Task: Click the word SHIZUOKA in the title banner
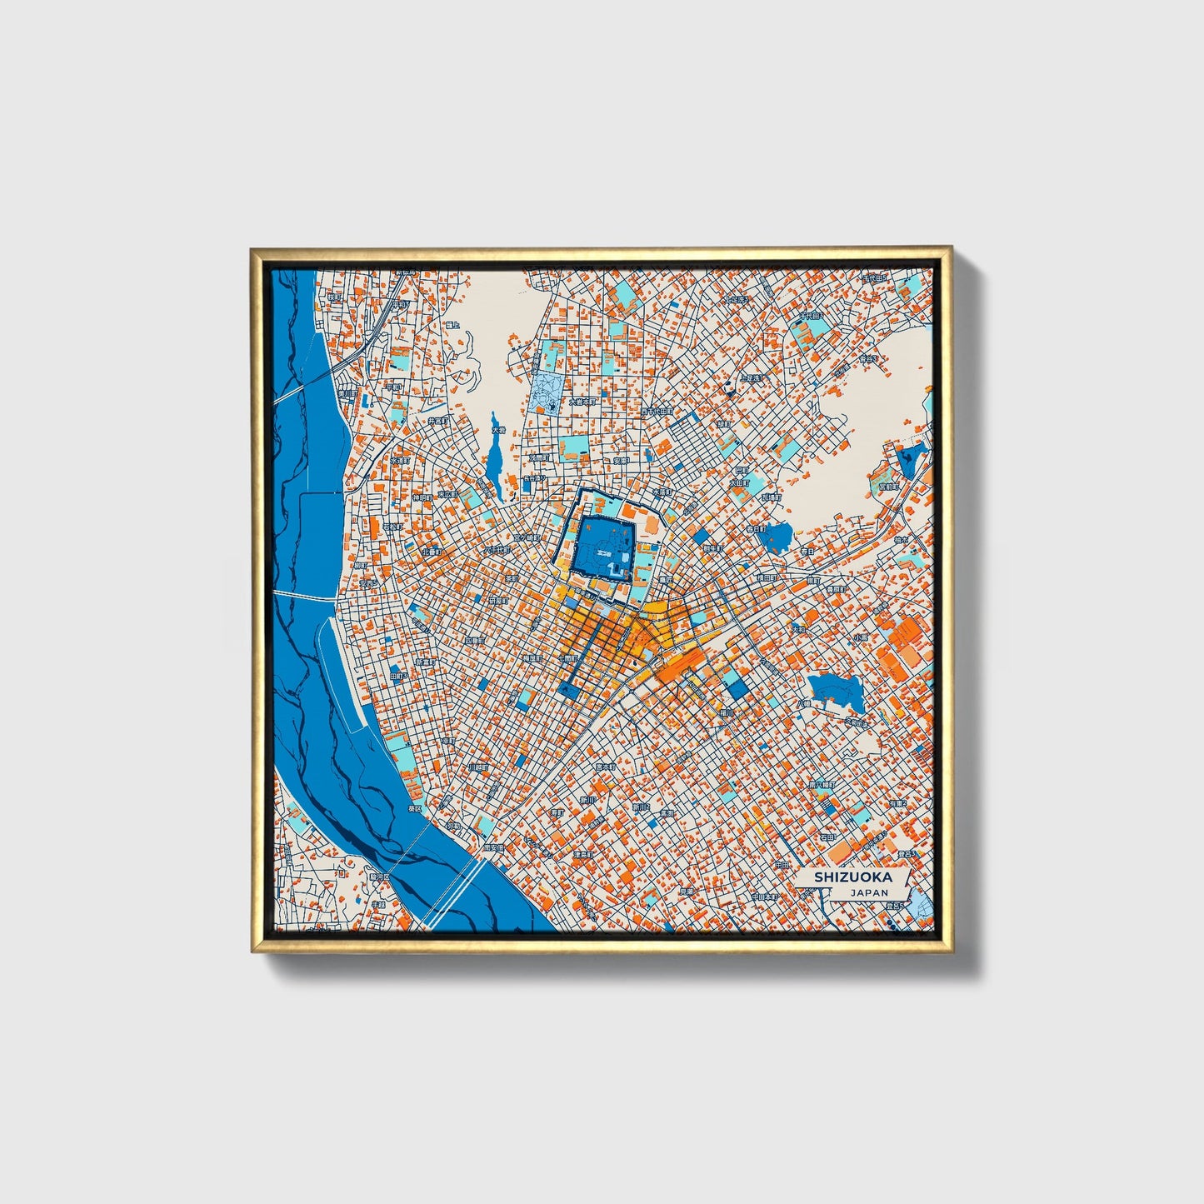click(x=852, y=877)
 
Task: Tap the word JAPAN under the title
click(x=869, y=892)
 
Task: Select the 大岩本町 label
click(x=582, y=401)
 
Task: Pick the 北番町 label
click(x=432, y=551)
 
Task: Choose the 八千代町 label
click(x=497, y=550)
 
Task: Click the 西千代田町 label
click(x=656, y=412)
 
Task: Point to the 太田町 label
click(x=739, y=482)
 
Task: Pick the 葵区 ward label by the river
click(x=414, y=808)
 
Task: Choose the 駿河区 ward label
click(x=379, y=877)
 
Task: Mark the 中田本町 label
click(x=763, y=897)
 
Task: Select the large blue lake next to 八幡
click(x=836, y=692)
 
